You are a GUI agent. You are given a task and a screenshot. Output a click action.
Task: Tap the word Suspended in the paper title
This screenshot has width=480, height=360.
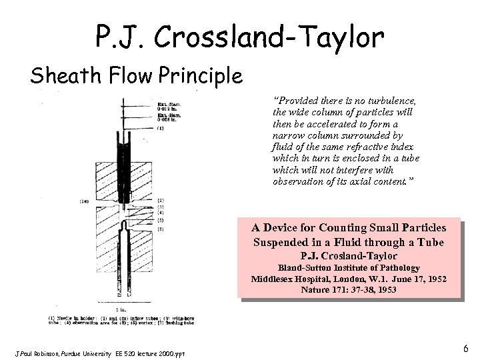pos(281,241)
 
